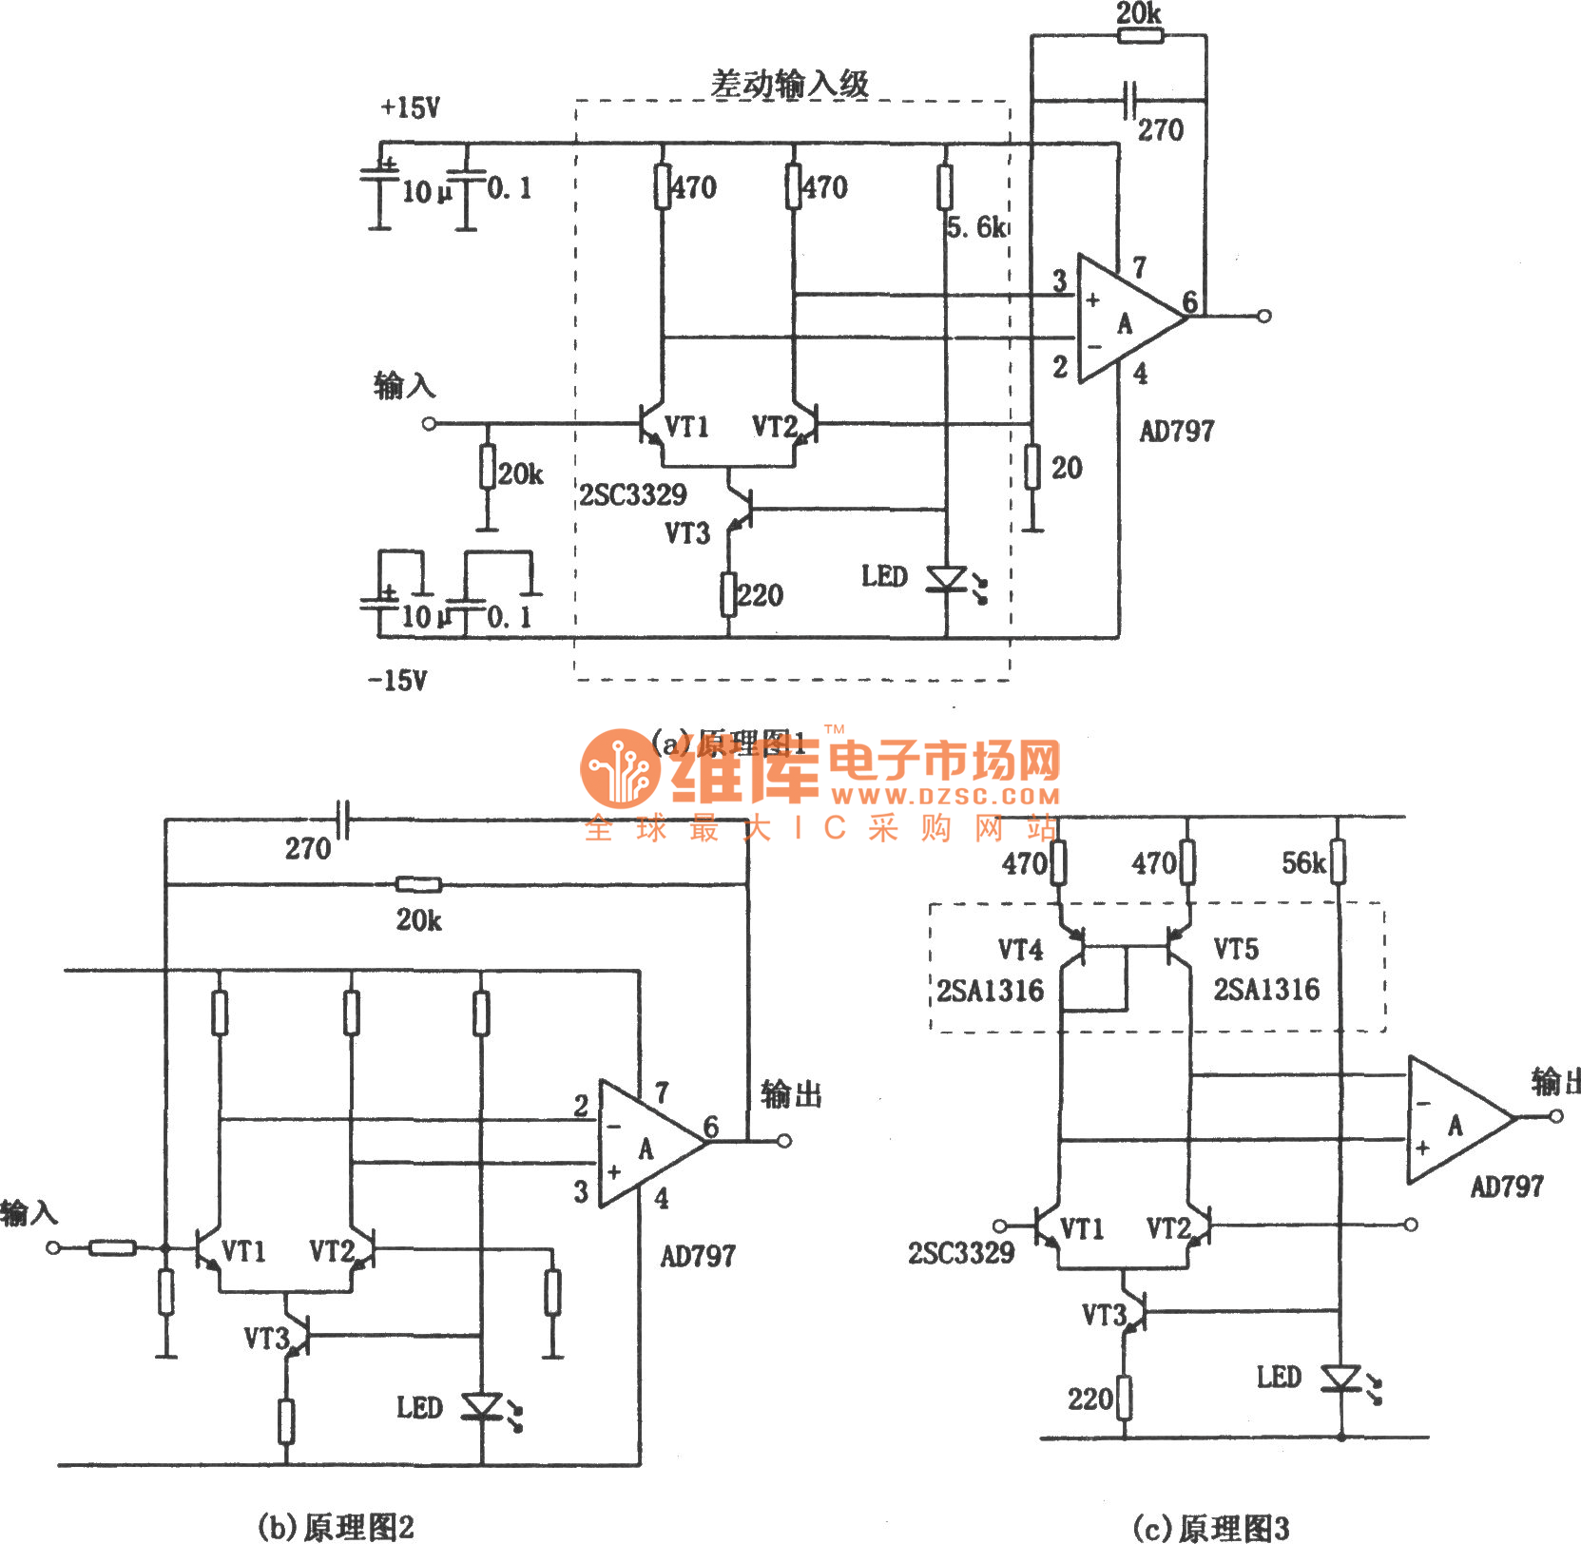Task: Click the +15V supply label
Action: tap(410, 107)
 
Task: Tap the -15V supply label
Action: tap(397, 680)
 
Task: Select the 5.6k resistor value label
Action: tap(975, 227)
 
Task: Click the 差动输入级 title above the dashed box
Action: tap(790, 84)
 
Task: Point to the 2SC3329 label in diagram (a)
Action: tap(633, 494)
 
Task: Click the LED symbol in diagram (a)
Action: tap(948, 579)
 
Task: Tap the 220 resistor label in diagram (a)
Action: tap(761, 596)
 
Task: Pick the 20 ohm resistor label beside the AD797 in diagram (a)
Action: tap(1067, 468)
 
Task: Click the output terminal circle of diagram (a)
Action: tap(1263, 316)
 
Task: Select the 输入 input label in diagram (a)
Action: tap(404, 386)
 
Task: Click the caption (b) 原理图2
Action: tap(336, 1527)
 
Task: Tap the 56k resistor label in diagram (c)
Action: tap(1302, 863)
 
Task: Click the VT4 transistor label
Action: tap(1020, 950)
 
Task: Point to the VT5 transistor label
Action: tap(1236, 949)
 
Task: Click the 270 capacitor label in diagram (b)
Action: tap(307, 848)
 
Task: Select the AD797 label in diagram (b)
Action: tap(698, 1256)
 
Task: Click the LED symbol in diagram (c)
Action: tap(1342, 1379)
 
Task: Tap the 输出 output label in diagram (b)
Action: tap(791, 1094)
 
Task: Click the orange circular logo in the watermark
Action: tap(619, 768)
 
